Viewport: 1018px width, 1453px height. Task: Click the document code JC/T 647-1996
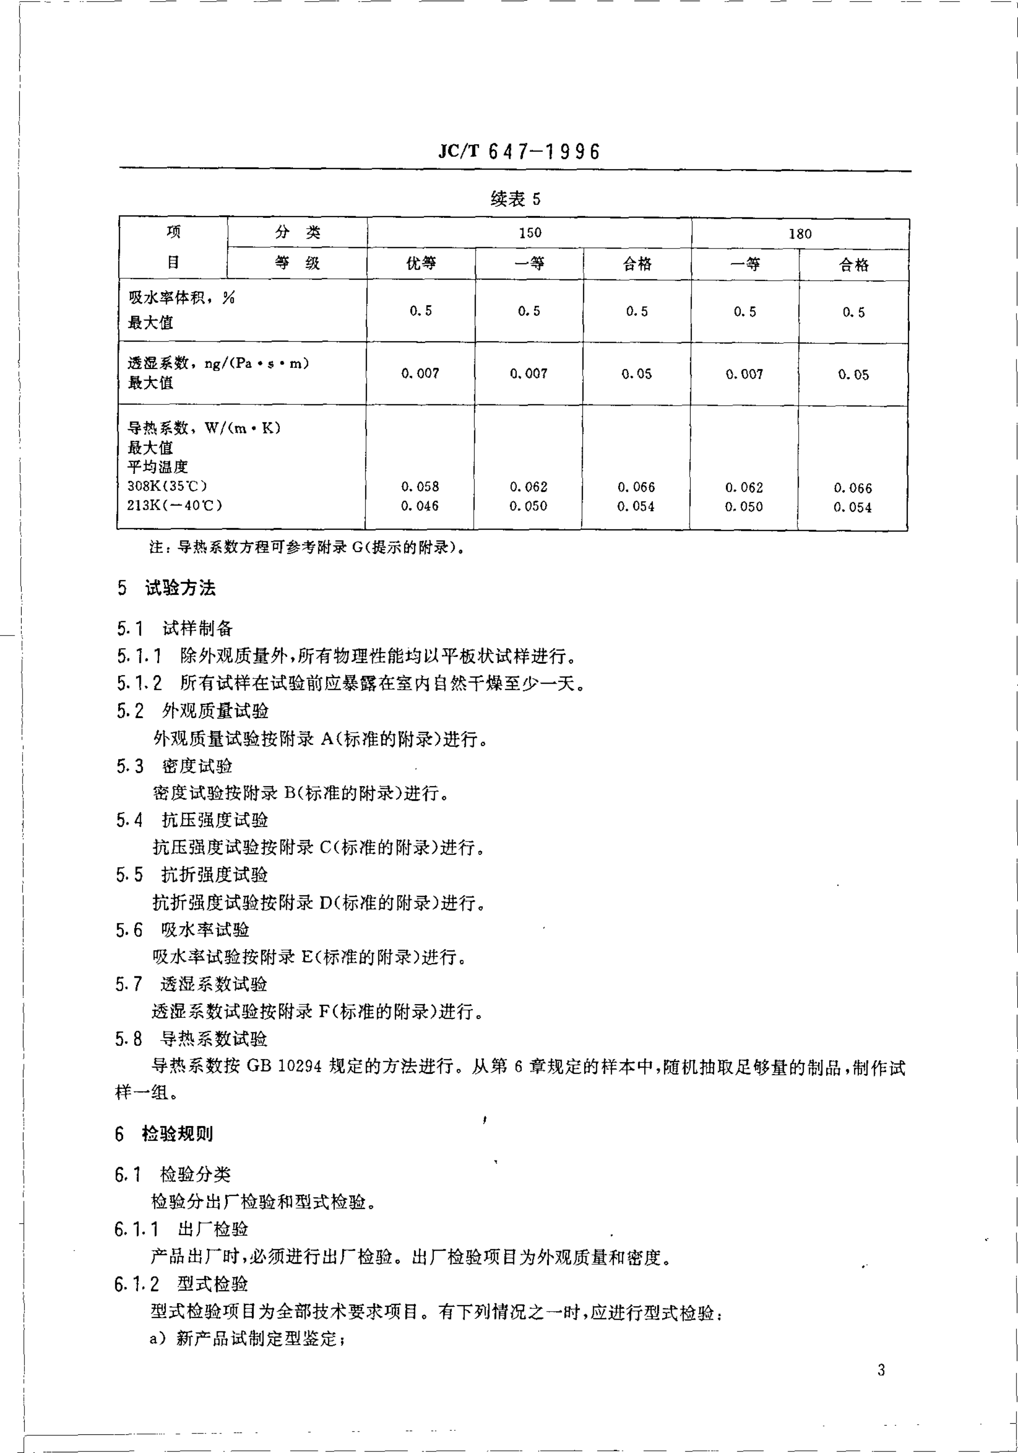518,151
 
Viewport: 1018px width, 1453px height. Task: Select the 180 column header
800,234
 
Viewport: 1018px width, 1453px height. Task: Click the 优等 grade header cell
421,263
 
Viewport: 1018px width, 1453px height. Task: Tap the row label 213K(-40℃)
174,506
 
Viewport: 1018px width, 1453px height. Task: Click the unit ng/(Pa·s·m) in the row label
256,363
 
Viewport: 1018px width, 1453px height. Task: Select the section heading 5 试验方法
166,588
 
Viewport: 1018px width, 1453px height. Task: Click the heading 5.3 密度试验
174,766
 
